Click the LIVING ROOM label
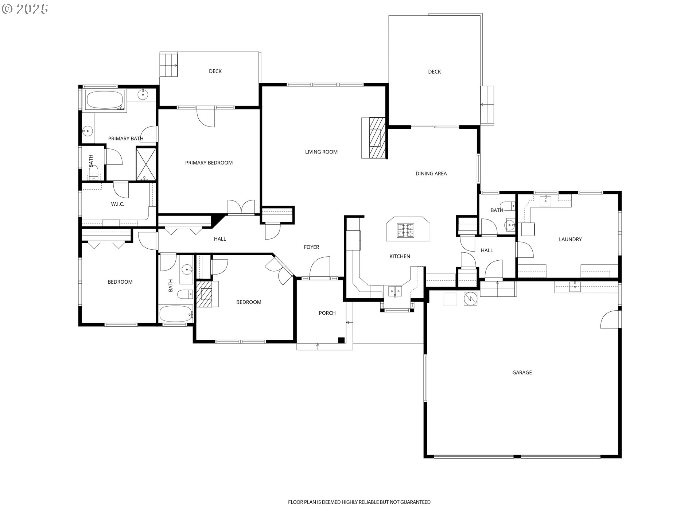click(x=321, y=152)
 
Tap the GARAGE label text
click(x=522, y=373)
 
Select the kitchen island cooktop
click(x=405, y=230)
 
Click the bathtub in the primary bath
click(x=105, y=100)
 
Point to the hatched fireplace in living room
click(x=377, y=138)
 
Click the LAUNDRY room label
click(x=570, y=240)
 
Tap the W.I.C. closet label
click(x=117, y=204)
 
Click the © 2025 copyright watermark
click(x=25, y=9)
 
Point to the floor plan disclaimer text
click(x=359, y=502)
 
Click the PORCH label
click(x=327, y=313)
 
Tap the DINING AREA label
click(x=431, y=174)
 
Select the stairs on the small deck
click(x=168, y=65)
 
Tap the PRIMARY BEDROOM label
click(x=209, y=163)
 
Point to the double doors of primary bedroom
click(x=241, y=207)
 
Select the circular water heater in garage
click(x=470, y=299)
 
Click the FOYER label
click(x=311, y=247)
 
